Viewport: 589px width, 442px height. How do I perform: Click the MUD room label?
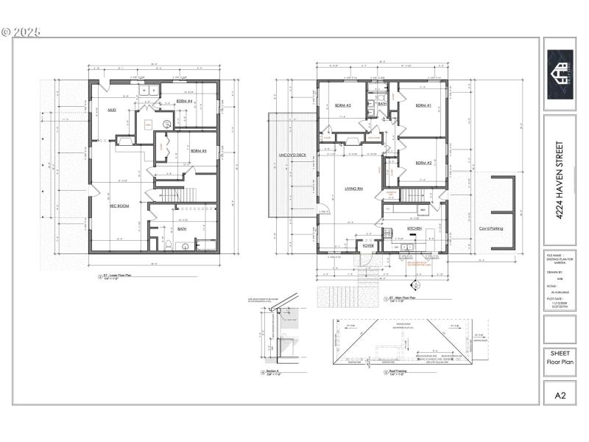[x=113, y=110]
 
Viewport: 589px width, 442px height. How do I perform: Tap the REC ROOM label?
[x=119, y=206]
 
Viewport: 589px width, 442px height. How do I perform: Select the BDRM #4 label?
[x=184, y=102]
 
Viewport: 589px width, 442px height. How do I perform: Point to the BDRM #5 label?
[x=198, y=151]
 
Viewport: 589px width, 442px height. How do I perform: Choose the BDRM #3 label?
[x=343, y=105]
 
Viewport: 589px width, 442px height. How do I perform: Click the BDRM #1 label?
[x=423, y=105]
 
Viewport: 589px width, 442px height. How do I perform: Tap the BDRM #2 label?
[x=423, y=163]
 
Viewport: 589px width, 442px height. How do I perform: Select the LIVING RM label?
[x=354, y=189]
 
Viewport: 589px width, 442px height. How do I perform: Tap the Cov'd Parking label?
[x=491, y=228]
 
